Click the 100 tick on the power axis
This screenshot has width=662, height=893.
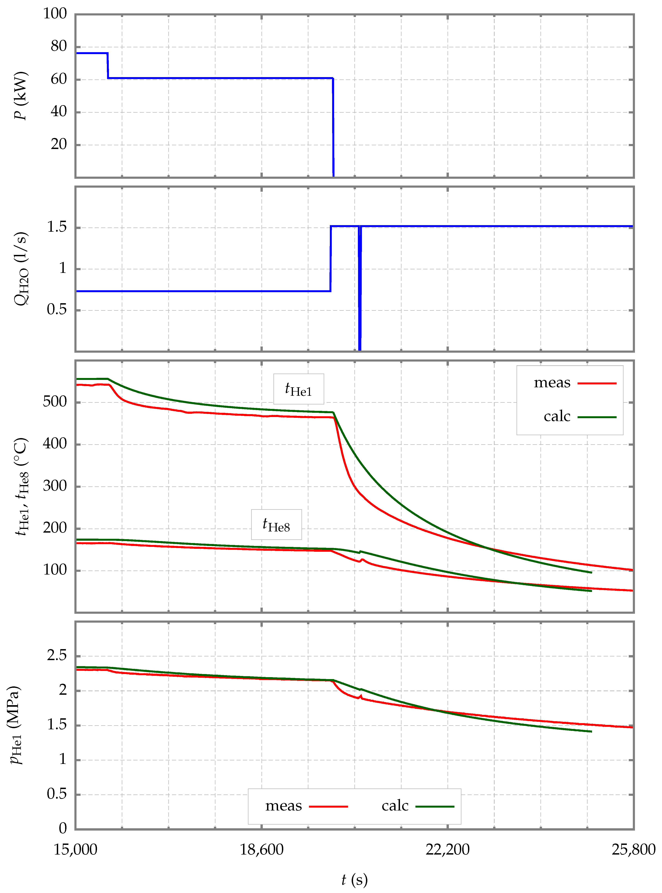click(55, 14)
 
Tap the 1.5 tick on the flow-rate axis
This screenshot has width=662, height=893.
click(56, 227)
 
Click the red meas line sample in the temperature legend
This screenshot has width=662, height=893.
click(597, 383)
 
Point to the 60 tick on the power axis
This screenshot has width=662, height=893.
click(59, 79)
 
